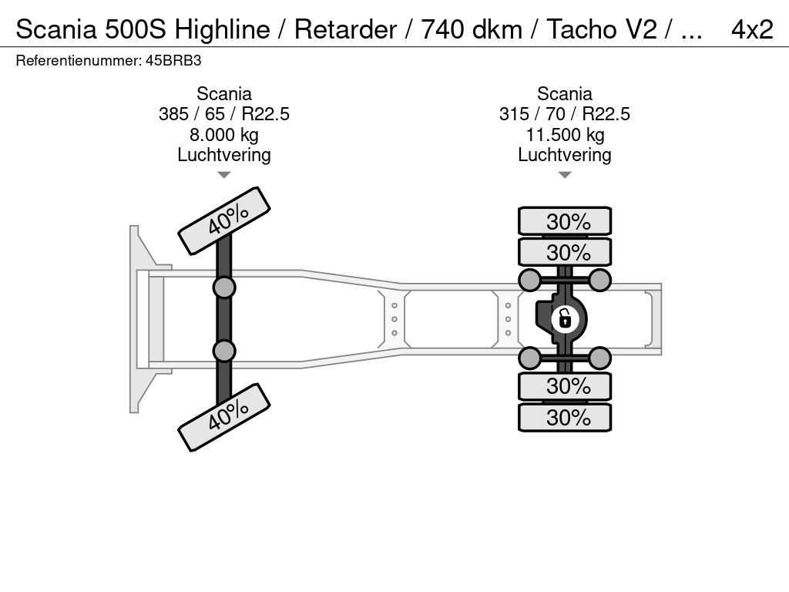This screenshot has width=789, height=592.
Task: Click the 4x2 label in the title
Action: coord(751,29)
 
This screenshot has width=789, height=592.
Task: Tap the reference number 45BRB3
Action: coord(174,59)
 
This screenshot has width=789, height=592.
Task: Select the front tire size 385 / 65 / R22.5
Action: coord(224,114)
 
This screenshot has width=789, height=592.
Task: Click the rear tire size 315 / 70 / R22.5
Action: coord(565,114)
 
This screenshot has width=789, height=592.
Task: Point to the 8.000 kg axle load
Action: coord(224,135)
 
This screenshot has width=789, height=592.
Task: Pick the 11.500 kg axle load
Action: coord(565,135)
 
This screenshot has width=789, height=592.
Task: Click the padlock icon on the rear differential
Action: coord(565,317)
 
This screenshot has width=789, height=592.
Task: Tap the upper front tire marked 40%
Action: coord(224,220)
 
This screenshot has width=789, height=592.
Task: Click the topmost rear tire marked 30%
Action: coord(565,221)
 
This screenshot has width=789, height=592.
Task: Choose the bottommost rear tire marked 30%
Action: coord(565,417)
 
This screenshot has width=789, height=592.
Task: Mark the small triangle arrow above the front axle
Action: coord(224,175)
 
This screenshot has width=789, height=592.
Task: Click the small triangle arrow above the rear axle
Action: coord(565,175)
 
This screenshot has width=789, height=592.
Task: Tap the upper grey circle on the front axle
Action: coord(224,288)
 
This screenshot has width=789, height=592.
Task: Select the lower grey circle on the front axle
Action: coord(224,351)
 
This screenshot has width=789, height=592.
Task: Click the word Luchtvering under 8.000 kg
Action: coord(224,155)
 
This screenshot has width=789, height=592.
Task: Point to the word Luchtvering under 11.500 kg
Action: coord(565,155)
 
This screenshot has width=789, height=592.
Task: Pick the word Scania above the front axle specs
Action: coord(224,94)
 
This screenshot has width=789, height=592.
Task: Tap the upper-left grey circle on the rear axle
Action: coord(529,279)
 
